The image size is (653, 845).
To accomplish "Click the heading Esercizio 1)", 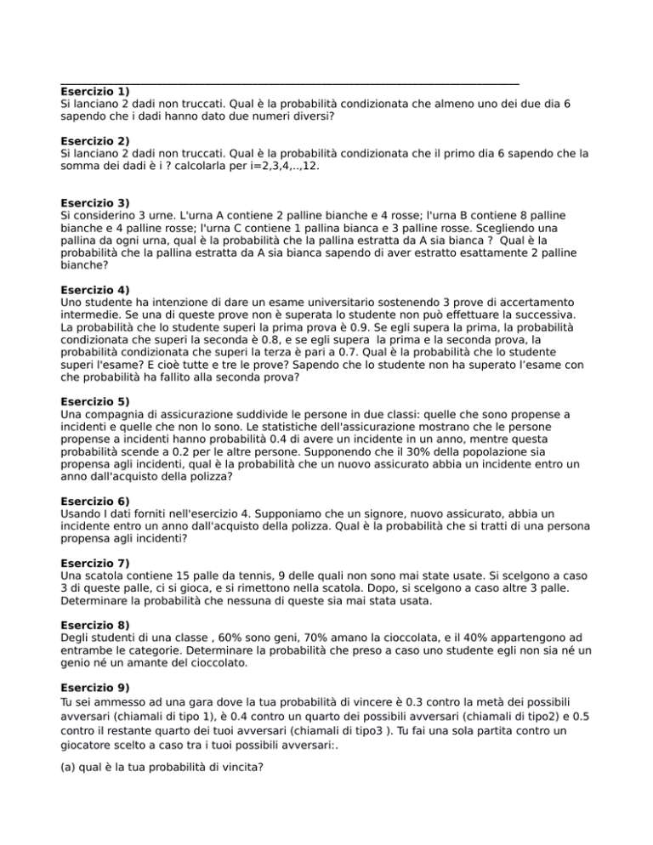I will click(95, 90).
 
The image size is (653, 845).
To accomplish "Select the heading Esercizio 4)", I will click(95, 289).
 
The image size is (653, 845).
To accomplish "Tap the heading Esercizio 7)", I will click(95, 563).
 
